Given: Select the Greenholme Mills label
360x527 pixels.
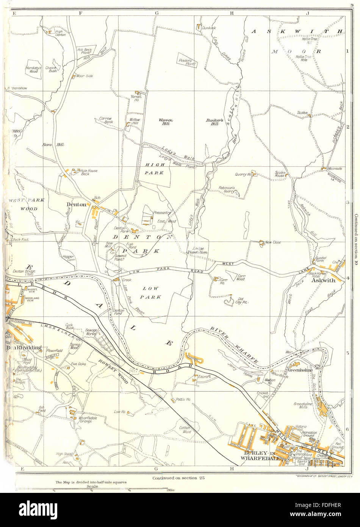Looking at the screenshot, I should tap(303, 406).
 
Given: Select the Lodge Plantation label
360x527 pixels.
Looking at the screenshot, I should tap(197, 250).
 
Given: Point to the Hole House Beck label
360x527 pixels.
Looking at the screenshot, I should tap(89, 173).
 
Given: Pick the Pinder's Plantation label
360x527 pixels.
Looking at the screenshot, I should tap(188, 62).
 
